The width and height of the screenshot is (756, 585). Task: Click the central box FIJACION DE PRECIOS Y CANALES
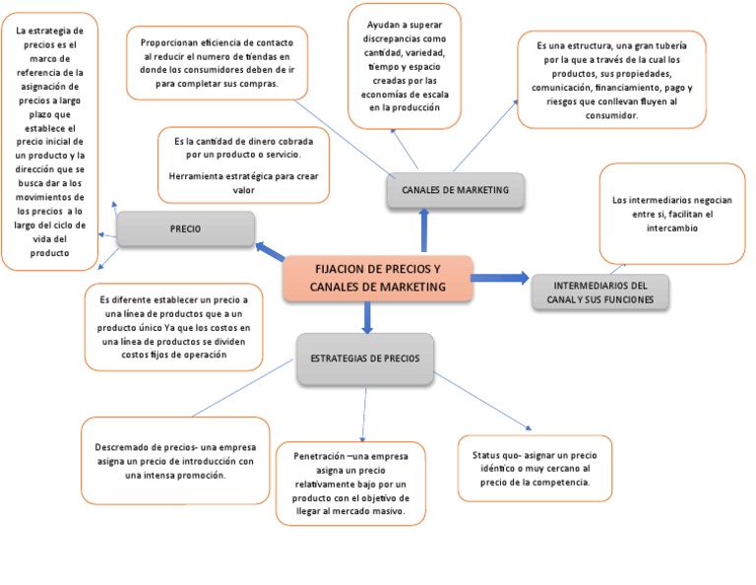(377, 278)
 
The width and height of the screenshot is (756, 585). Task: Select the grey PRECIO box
(185, 228)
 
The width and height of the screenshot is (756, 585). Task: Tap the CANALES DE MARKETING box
(456, 190)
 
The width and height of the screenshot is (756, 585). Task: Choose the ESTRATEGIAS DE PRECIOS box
(365, 357)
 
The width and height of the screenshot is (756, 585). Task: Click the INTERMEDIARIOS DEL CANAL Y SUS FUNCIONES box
(599, 292)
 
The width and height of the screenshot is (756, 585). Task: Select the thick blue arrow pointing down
(367, 316)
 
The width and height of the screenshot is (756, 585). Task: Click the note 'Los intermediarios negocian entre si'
(671, 215)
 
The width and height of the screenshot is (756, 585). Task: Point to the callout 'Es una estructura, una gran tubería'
(611, 80)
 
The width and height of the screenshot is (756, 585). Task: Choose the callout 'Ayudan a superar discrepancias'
(406, 66)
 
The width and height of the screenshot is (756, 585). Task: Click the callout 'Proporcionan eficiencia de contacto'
(217, 63)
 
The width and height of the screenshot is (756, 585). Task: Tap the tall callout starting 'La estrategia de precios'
(49, 142)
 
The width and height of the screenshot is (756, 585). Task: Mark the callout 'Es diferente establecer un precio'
(174, 326)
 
